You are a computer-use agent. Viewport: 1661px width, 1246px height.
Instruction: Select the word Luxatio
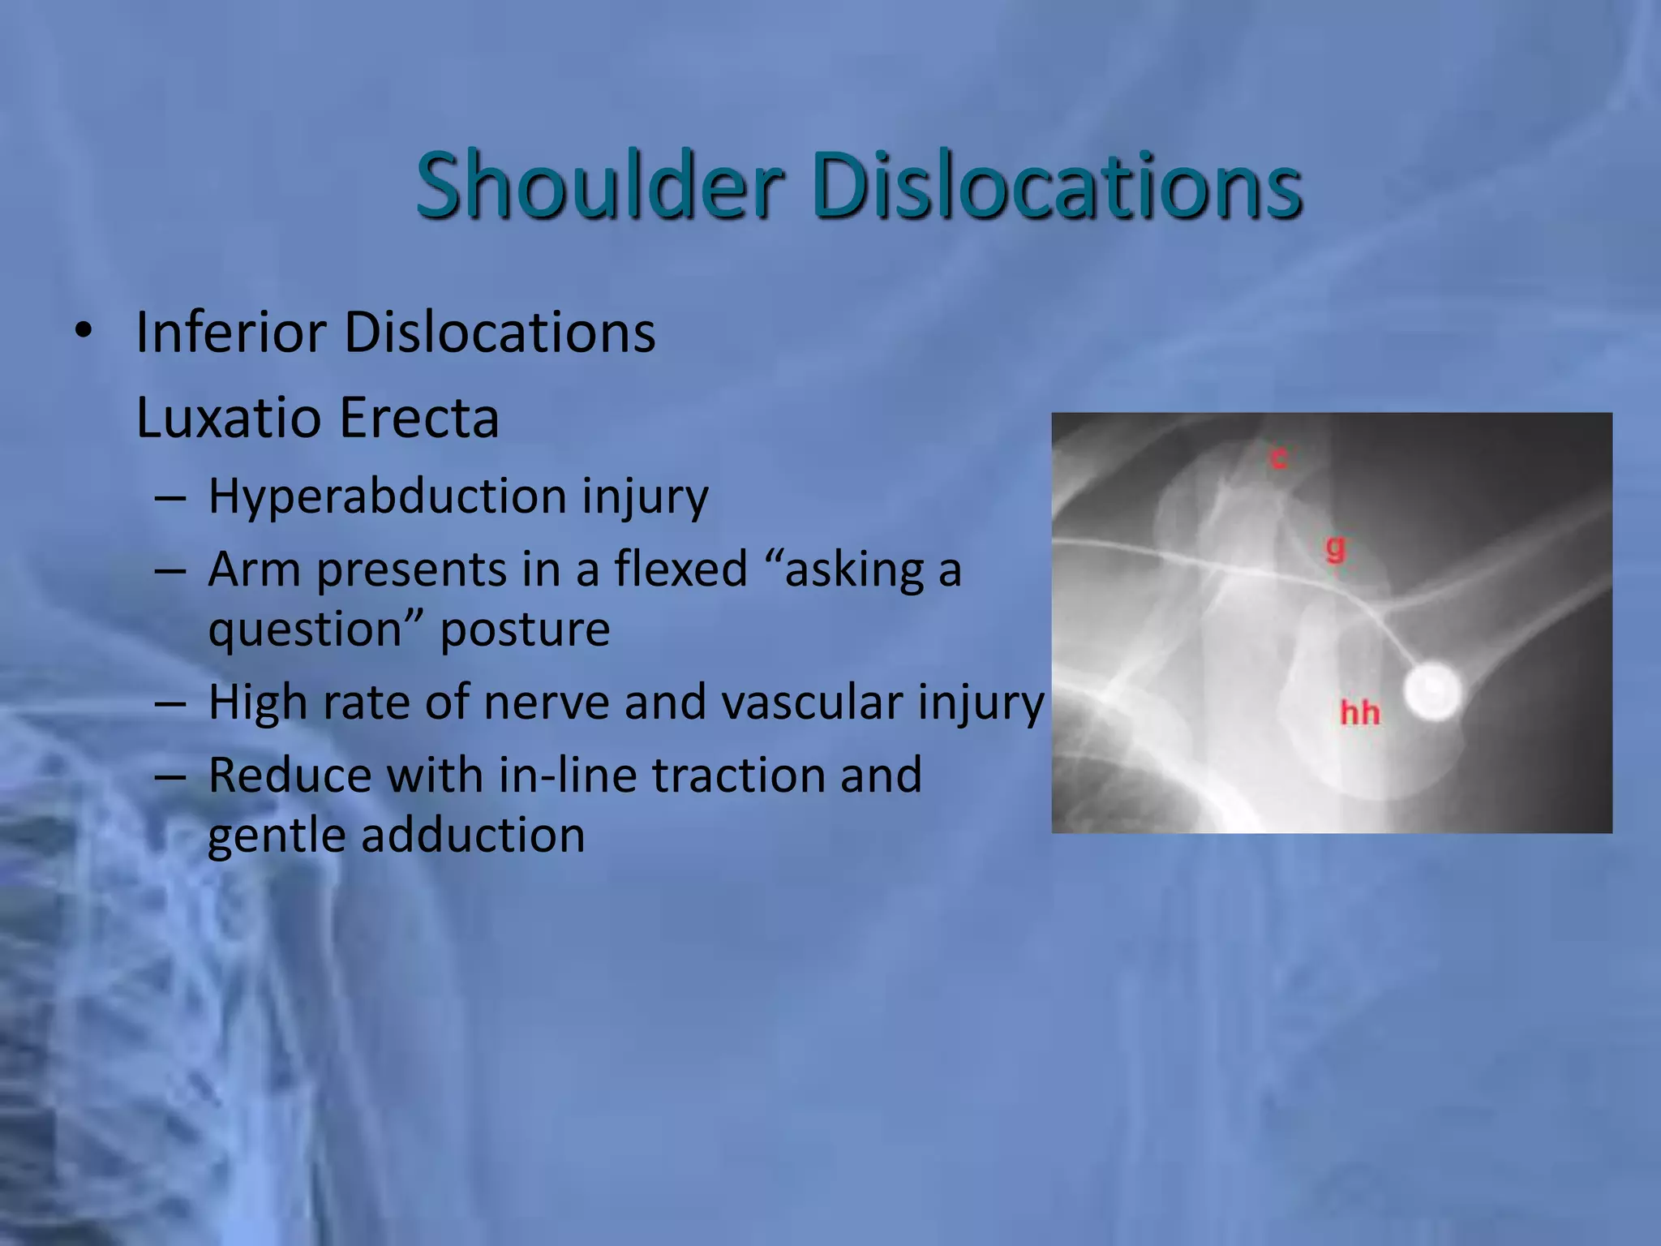click(x=229, y=418)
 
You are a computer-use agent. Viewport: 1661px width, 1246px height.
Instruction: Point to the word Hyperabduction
click(x=387, y=496)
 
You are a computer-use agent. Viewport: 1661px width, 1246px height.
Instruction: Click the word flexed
click(x=680, y=569)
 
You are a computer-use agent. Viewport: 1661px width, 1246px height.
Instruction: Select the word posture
click(x=525, y=630)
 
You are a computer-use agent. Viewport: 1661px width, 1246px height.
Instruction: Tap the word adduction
click(x=473, y=836)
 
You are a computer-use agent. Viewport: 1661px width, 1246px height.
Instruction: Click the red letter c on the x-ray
click(x=1278, y=458)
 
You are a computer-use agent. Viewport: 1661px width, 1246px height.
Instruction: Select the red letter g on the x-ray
click(x=1335, y=549)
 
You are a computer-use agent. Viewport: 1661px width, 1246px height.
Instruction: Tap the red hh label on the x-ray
click(x=1359, y=713)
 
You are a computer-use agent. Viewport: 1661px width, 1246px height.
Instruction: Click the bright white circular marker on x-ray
click(x=1432, y=691)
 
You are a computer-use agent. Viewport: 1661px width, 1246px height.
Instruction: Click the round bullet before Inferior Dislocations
click(x=83, y=331)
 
